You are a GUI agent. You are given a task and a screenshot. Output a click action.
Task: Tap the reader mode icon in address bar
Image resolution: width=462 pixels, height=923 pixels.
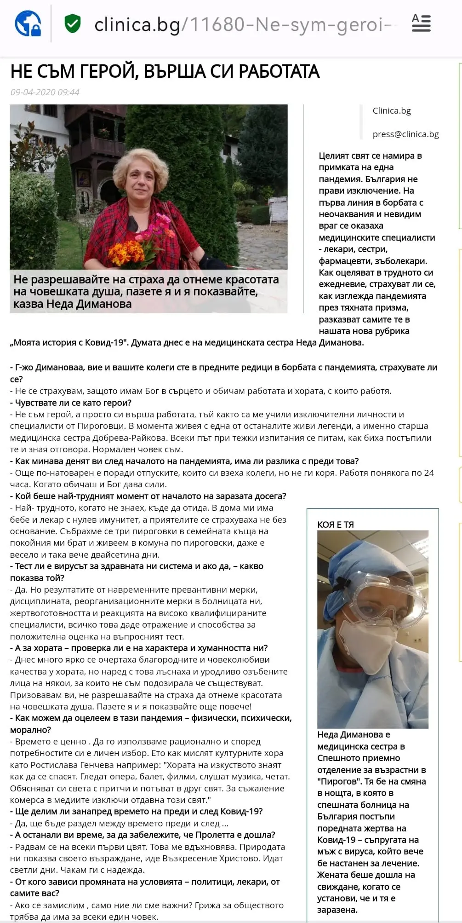point(421,23)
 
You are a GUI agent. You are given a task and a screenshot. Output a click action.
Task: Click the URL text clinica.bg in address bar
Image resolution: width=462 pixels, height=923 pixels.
point(137,24)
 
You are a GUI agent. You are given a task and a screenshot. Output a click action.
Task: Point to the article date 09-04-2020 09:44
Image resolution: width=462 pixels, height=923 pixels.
point(45,92)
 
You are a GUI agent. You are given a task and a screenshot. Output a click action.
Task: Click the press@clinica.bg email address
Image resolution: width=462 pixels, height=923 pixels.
point(405,134)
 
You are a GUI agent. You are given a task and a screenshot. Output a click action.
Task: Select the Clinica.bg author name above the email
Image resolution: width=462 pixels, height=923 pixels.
point(392,110)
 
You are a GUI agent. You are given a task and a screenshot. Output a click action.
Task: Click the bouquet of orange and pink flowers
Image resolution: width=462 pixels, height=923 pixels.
point(145,239)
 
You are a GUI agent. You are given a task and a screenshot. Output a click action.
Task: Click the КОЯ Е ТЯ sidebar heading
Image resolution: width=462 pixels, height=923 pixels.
point(336,525)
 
